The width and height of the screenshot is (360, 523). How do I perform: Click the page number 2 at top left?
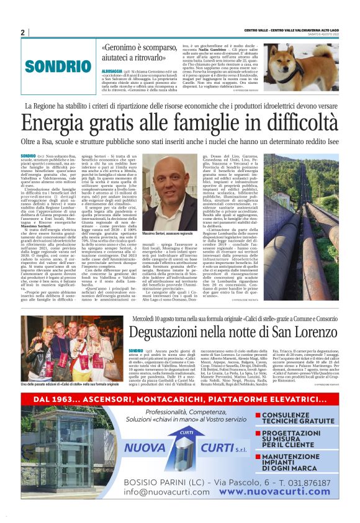pyautogui.click(x=22, y=32)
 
